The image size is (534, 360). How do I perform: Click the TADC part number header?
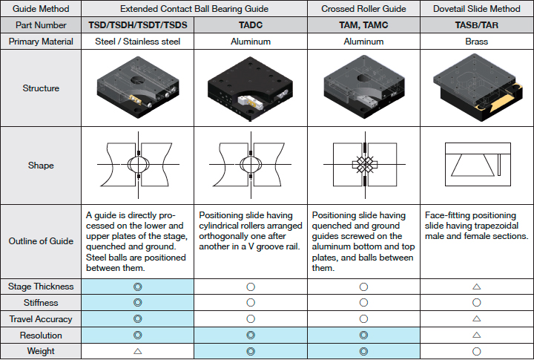coord(251,25)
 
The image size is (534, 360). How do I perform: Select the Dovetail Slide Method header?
coord(476,9)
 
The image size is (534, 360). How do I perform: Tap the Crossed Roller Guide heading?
coord(363,9)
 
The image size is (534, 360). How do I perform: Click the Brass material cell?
coord(476,42)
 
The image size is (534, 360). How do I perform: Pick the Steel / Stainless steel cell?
coord(138,42)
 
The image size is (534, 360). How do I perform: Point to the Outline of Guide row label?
coord(41,241)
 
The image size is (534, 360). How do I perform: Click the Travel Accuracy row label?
coord(41,319)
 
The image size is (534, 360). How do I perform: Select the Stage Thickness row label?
coord(41,287)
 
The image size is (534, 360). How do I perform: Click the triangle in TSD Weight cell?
coord(138,351)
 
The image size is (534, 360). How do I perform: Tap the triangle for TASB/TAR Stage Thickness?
coord(476,287)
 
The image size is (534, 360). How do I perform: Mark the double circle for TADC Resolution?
coord(251,336)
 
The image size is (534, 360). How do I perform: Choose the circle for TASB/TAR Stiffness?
coord(476,302)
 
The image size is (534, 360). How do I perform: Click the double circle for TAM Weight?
coord(363,351)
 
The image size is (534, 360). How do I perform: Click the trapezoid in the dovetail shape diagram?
coord(473,166)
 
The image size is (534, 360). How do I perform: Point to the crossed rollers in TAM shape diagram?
coord(365,165)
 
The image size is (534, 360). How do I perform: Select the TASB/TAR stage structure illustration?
coord(478,88)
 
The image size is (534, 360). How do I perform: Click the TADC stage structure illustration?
coord(251,88)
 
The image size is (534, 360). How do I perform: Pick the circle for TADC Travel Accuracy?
coord(251,318)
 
